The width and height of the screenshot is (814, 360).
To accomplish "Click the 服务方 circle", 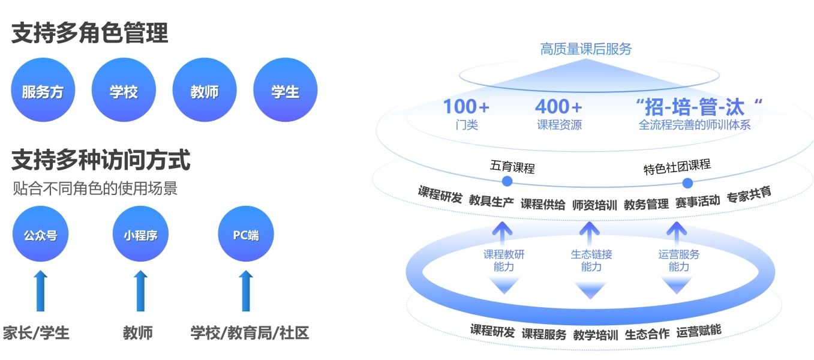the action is (43, 90).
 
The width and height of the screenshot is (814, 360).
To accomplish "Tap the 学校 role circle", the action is (124, 90).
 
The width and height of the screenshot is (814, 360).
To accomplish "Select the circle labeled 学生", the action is (286, 90).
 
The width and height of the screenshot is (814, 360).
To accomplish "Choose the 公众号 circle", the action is (40, 234).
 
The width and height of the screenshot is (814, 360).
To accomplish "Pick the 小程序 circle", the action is (140, 234).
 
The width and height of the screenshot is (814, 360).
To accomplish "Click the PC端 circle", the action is (246, 234).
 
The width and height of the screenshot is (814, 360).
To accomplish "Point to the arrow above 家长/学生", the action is (40, 291).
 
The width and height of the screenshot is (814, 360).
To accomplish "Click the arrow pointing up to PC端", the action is (246, 291).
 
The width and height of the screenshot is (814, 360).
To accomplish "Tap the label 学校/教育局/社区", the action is (250, 333).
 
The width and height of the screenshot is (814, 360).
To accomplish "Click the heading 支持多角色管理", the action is (90, 33).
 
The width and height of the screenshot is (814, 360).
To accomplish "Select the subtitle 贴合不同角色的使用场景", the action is (95, 188).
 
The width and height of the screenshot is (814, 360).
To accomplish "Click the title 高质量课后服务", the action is (586, 49).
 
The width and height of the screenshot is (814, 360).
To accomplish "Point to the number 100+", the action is (466, 107).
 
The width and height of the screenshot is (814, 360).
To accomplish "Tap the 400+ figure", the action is (558, 107).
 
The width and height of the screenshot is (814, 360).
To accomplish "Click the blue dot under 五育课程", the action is (507, 181).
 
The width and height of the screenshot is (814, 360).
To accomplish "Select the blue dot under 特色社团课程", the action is (687, 183).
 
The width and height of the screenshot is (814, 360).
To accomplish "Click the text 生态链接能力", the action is (591, 260).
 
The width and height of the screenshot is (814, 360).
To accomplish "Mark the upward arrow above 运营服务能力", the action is (676, 233).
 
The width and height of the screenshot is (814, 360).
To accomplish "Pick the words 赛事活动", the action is (698, 201).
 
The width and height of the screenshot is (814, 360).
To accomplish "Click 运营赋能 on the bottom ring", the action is (699, 331).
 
